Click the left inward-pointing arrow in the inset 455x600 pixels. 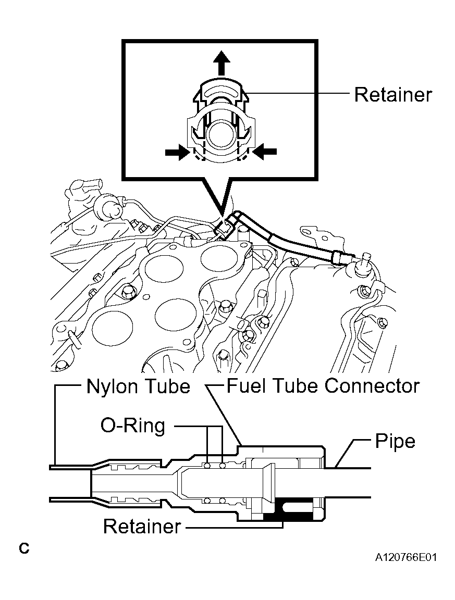177,152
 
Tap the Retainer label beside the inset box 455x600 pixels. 393,94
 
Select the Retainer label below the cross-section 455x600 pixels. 142,527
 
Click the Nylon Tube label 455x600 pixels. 138,386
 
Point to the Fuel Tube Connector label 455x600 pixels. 323,386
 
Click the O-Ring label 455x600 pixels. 133,426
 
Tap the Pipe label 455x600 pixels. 395,441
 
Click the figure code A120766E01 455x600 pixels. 405,557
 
